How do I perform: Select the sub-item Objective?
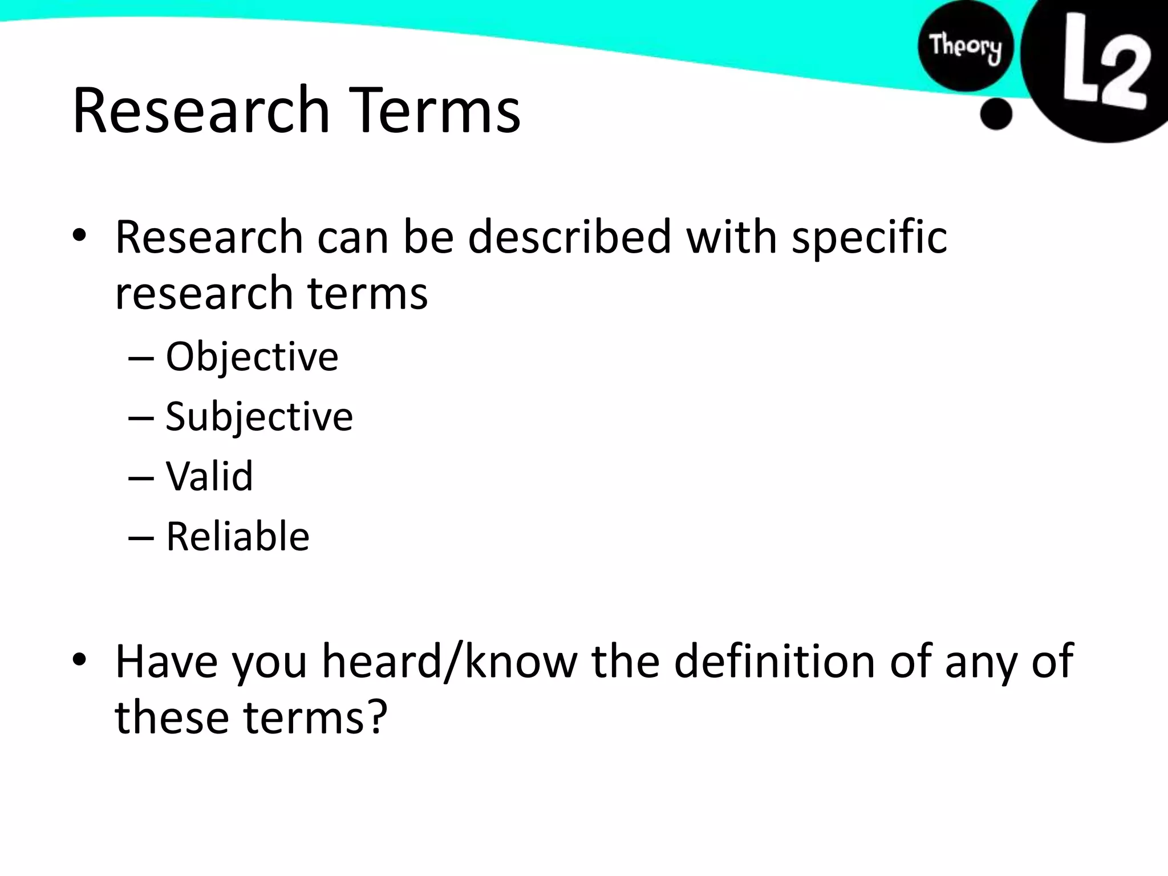coord(252,357)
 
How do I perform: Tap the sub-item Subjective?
coord(259,417)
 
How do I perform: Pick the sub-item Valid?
coord(209,476)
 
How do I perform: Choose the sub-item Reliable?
coord(237,536)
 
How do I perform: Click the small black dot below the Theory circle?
coord(996,114)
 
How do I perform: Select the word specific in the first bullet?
coord(869,237)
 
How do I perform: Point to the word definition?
coord(774,662)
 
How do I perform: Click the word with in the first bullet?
coord(732,237)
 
